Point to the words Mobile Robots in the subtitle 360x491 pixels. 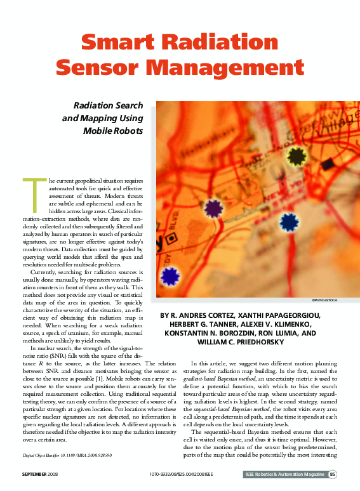(113, 131)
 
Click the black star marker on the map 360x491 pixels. (297, 155)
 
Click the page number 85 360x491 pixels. (332, 474)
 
